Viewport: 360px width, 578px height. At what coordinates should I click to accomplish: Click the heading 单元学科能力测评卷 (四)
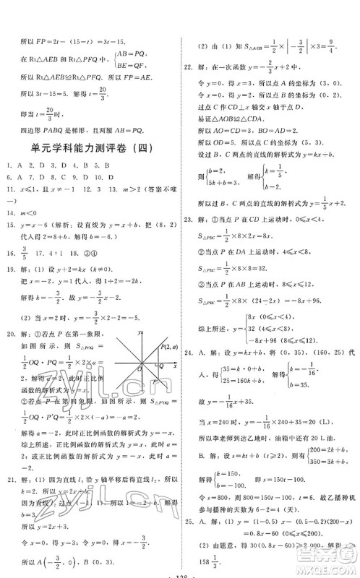coord(90,147)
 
